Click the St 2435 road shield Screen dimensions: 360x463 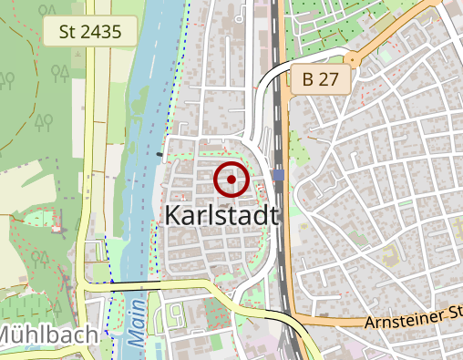coord(89,32)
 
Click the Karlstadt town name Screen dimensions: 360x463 coord(221,215)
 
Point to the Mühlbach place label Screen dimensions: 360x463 coord(47,336)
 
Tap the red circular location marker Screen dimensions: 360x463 coord(231,180)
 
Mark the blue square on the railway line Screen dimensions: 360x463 coord(277,173)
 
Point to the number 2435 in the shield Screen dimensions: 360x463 coord(101,32)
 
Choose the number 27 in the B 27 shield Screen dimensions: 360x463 coord(329,79)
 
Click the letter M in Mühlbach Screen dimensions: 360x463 coord(8,336)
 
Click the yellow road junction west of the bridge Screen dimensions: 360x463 coord(88,285)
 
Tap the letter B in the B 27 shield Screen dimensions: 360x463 coord(308,79)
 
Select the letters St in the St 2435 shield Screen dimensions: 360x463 coord(67,32)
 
